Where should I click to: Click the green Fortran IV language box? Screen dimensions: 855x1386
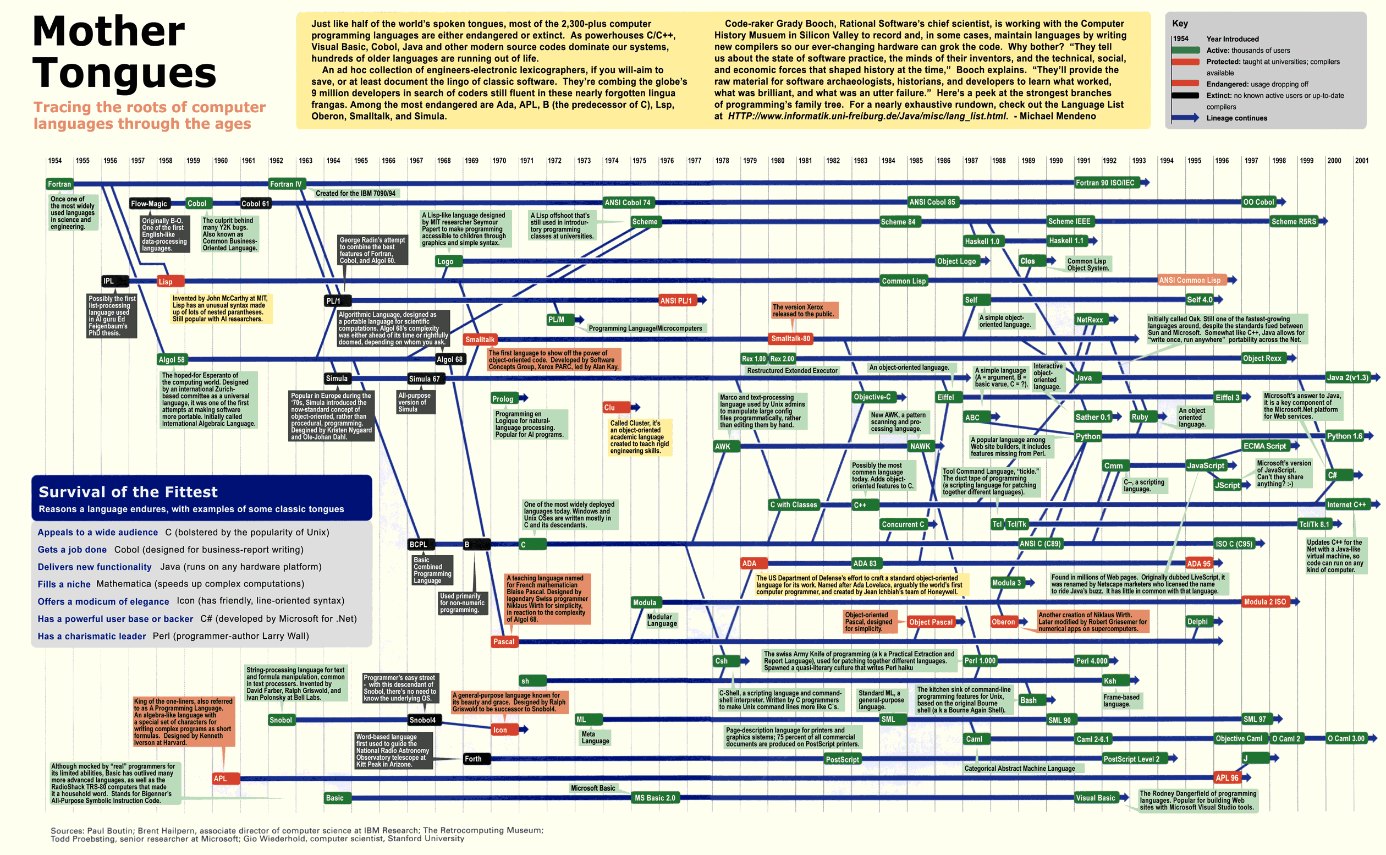pos(286,184)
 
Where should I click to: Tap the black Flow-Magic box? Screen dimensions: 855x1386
pos(149,204)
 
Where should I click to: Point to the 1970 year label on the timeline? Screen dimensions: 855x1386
pos(498,161)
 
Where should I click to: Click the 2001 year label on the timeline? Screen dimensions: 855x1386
pos(1361,161)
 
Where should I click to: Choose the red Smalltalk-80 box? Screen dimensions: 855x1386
pos(790,339)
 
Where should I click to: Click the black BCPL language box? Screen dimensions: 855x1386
pos(419,545)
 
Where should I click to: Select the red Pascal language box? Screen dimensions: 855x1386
pos(504,642)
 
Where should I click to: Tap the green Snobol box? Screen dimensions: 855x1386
pos(280,720)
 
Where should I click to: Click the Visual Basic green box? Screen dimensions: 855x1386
pos(1095,798)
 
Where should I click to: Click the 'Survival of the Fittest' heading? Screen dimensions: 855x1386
pos(128,492)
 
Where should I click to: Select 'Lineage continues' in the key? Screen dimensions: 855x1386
pos(1236,118)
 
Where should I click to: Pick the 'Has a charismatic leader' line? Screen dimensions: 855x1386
pos(91,636)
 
